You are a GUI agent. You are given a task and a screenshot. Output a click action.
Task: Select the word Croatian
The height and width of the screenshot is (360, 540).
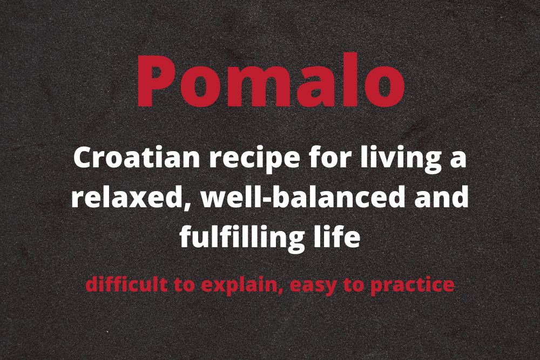(x=137, y=158)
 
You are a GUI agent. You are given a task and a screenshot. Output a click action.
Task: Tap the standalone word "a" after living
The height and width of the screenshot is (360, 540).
(x=458, y=160)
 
